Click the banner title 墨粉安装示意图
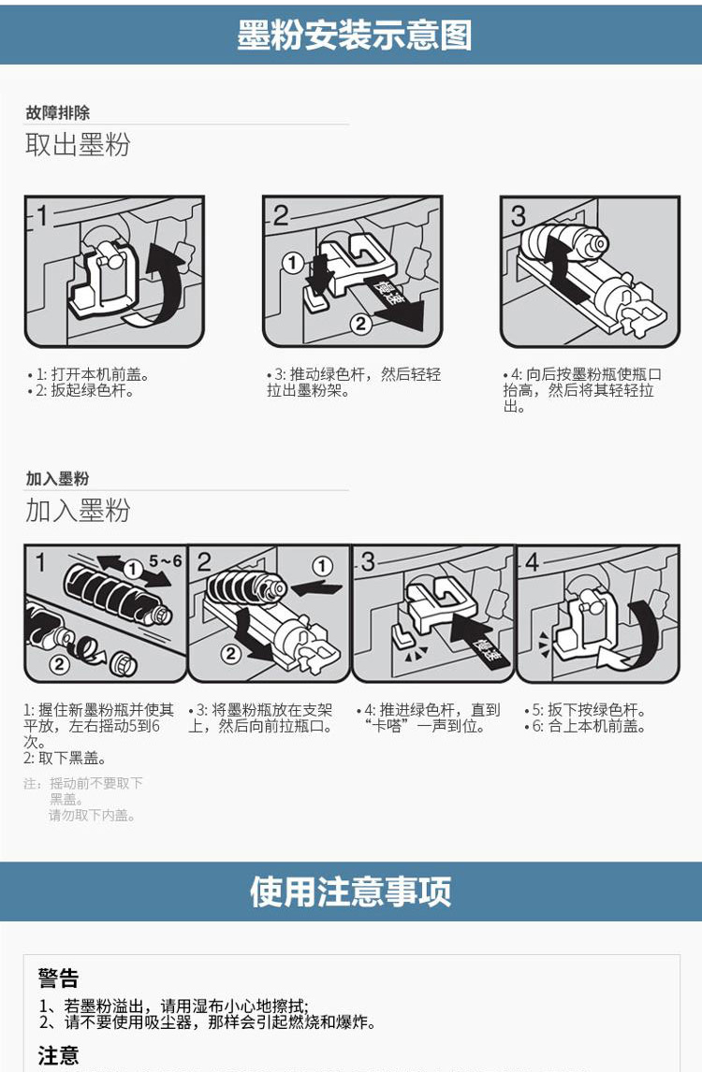(354, 35)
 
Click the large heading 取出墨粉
(78, 145)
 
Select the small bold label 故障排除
(58, 113)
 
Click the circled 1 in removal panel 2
(293, 264)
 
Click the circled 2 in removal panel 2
(361, 325)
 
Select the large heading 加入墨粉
(78, 511)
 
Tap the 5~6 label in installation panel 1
(165, 561)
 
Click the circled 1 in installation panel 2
(322, 567)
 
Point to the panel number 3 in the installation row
(368, 562)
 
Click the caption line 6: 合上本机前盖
(588, 727)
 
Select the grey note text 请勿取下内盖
(93, 816)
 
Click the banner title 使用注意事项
(350, 891)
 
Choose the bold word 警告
(58, 978)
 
